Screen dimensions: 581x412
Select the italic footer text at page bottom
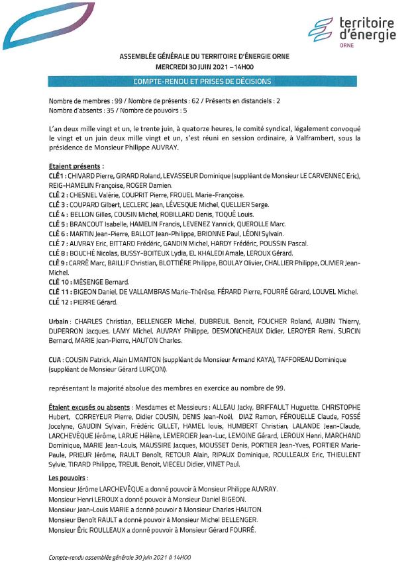click(x=120, y=558)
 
